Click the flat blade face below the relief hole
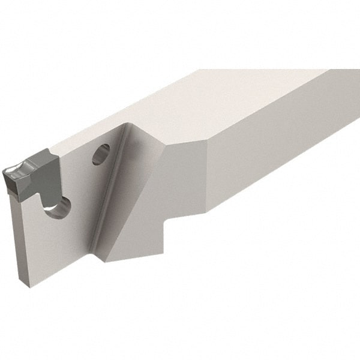tap(48, 246)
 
